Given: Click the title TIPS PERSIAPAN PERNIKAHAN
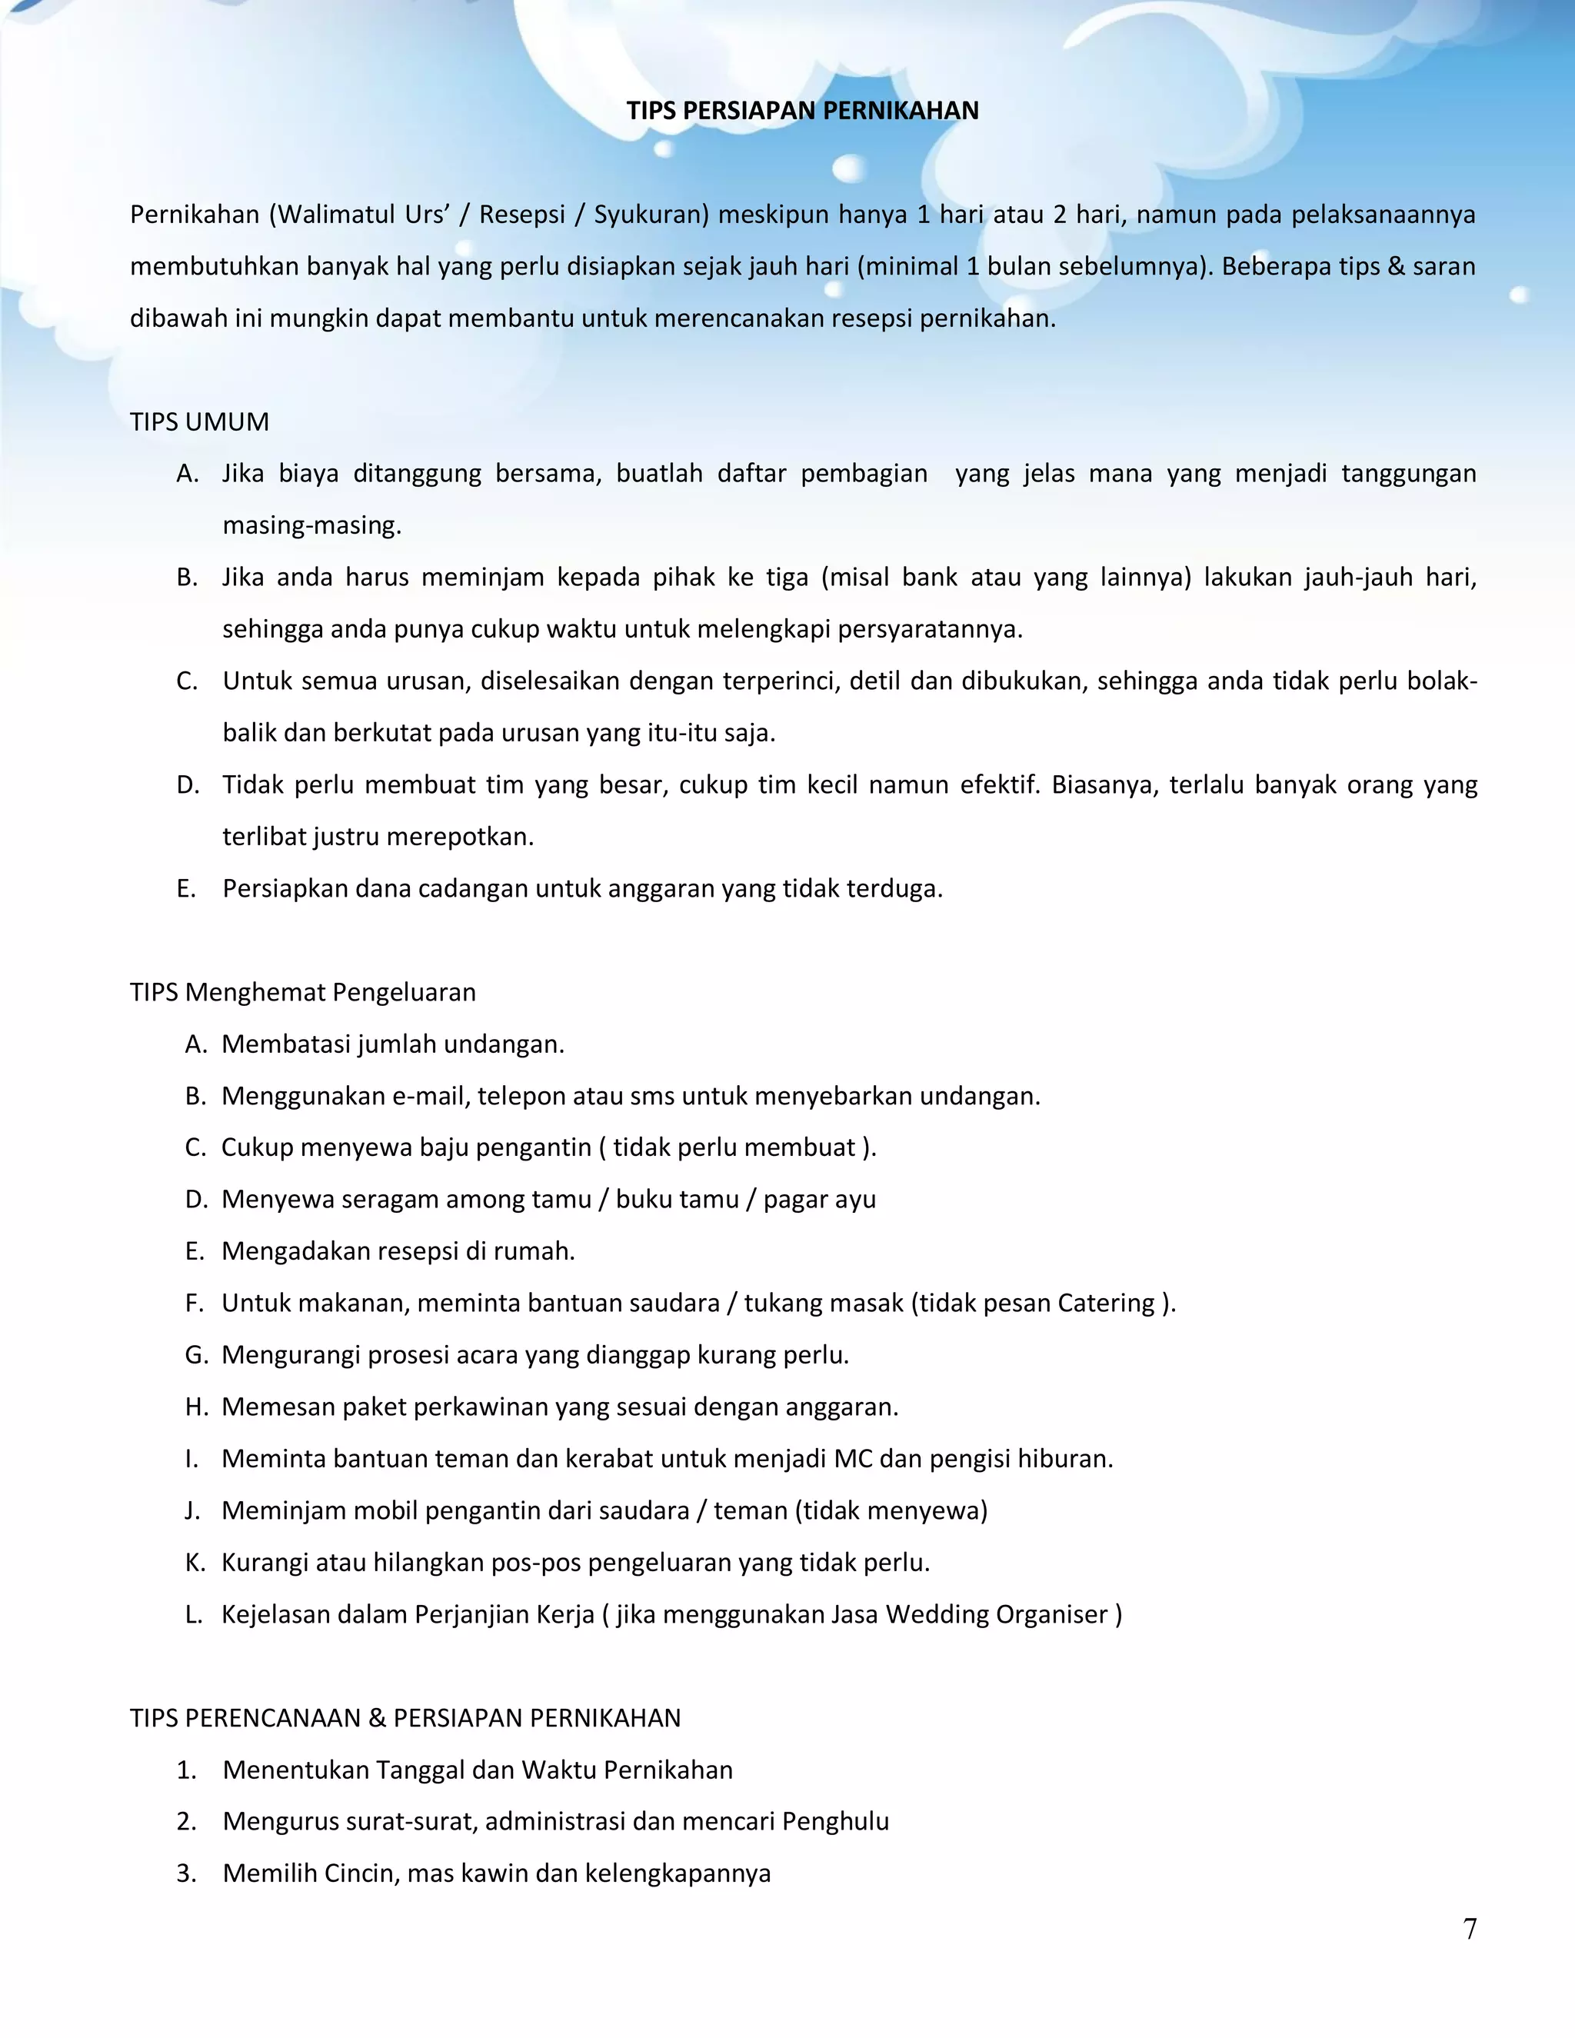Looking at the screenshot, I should (802, 111).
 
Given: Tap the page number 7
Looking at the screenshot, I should (1470, 1929).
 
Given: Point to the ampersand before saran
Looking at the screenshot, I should (1396, 267).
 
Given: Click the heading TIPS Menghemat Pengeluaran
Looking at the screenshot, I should (302, 992).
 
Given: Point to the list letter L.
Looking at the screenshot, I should (193, 1614).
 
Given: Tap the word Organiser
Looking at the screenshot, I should (1051, 1614).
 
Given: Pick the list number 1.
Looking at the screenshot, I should (187, 1770).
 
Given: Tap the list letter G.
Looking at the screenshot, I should (196, 1355).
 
